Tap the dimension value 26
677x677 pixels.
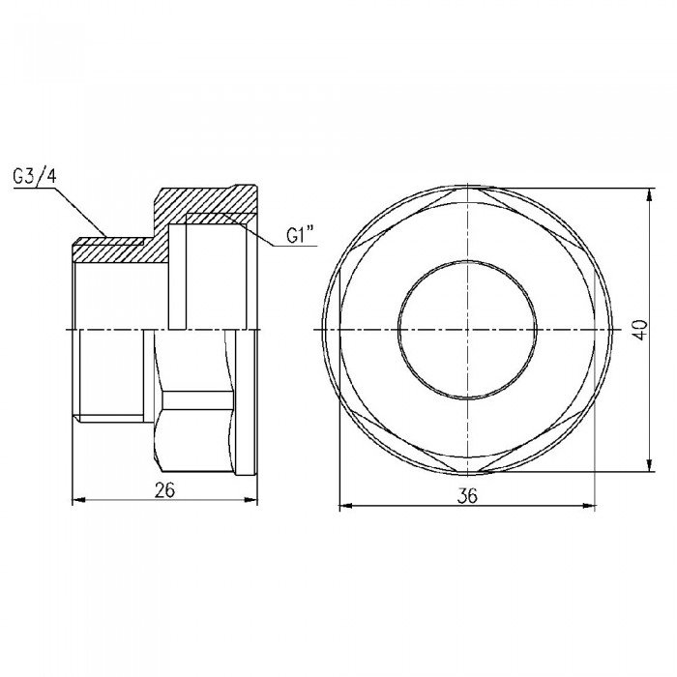[164, 490]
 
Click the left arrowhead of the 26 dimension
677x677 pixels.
[79, 500]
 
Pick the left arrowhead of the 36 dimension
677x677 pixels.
[342, 504]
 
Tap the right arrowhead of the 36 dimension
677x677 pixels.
[592, 504]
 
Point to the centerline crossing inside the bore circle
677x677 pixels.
[467, 330]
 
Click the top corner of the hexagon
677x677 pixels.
[467, 188]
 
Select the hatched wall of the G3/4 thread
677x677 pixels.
[111, 250]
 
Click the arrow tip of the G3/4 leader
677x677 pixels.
[107, 236]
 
